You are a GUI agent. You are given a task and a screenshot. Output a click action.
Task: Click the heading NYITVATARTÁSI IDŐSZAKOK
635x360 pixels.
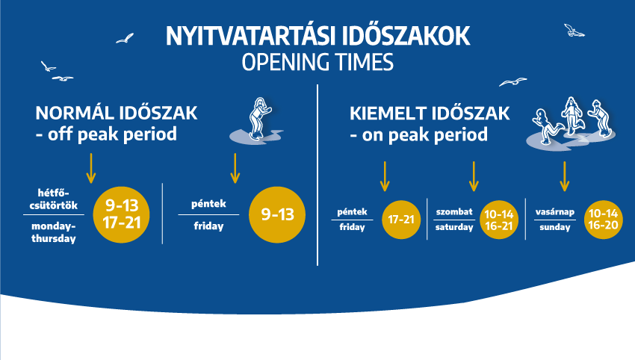tap(317, 36)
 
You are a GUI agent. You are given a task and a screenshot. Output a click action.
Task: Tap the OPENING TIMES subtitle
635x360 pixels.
tap(317, 62)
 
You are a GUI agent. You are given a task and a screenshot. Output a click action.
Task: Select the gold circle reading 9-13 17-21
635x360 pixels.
tap(122, 214)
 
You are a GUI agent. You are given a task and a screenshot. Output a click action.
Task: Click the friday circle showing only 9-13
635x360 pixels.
tap(277, 214)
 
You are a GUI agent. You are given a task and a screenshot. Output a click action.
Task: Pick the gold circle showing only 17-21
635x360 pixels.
tap(401, 220)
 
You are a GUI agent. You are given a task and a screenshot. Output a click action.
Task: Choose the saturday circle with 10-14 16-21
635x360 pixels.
tap(499, 220)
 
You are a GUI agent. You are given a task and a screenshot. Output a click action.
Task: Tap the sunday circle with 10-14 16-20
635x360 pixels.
tap(604, 220)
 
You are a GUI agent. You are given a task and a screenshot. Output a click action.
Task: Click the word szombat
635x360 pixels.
tap(454, 212)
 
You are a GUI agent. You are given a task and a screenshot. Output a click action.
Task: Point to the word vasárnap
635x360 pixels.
tap(555, 212)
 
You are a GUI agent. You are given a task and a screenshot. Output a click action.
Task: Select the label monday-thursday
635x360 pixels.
tap(54, 232)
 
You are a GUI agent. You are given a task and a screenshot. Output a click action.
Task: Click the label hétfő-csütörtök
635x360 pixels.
tap(54, 199)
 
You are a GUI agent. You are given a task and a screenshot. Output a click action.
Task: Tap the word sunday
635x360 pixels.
tap(555, 227)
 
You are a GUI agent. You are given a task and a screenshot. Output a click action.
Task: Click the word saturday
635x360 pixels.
tap(454, 227)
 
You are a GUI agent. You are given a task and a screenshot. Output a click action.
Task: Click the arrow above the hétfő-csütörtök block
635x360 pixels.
tap(91, 168)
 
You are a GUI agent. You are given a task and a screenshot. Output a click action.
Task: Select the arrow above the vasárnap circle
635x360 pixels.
tap(565, 176)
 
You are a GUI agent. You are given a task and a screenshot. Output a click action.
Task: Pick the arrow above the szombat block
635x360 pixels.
tap(474, 176)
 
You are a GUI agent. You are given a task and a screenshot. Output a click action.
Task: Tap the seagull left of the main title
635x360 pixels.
tap(125, 39)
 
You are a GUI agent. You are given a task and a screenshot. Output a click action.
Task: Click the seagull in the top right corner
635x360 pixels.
tap(574, 31)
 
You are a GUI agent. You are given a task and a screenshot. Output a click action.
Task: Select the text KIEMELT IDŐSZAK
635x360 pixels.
tap(430, 114)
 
